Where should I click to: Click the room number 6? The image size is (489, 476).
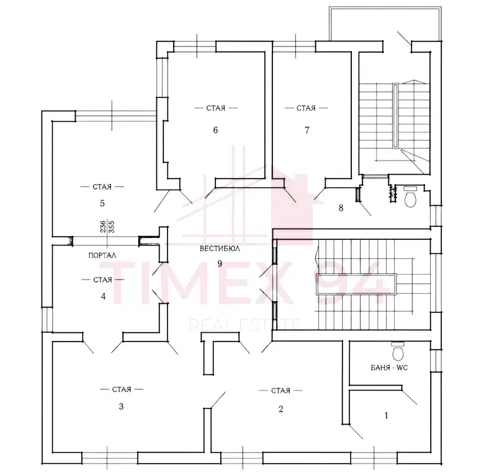[215, 130]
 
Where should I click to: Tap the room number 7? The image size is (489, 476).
[307, 130]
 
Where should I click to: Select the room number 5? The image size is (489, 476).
[102, 203]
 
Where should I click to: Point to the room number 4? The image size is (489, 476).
[103, 296]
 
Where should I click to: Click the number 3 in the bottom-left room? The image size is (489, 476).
[121, 406]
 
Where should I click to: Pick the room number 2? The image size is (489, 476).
[280, 409]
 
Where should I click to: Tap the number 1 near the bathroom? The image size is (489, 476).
[387, 415]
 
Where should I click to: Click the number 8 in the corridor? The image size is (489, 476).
[341, 208]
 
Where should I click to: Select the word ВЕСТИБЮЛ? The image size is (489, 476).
[220, 249]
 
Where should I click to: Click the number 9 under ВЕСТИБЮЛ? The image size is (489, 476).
[220, 263]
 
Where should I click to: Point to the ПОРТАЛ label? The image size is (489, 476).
[102, 255]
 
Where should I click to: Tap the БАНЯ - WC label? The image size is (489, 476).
[389, 368]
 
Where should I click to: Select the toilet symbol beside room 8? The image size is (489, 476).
[410, 197]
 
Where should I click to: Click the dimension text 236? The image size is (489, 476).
[103, 227]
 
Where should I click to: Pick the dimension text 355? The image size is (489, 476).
[111, 227]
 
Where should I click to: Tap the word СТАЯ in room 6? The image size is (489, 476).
[215, 108]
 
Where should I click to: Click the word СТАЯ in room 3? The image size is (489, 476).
[122, 389]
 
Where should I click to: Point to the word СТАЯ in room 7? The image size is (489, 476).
[306, 108]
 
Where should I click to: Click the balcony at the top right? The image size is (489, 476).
[385, 24]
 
